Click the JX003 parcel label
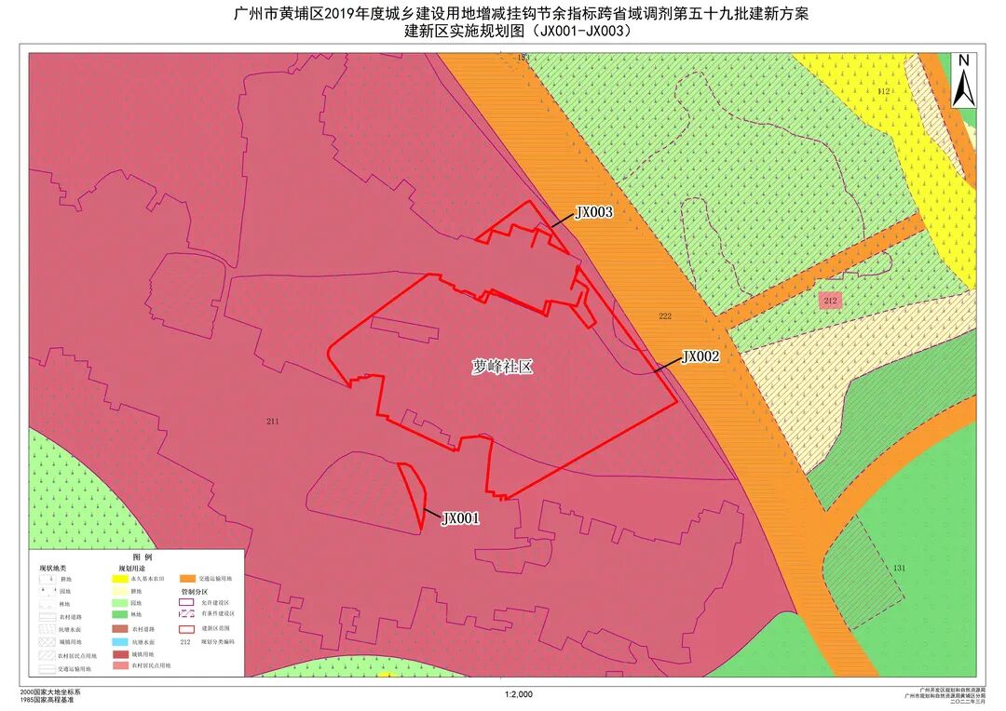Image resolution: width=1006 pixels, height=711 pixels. (593, 212)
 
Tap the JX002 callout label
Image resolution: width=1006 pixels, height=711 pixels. (700, 355)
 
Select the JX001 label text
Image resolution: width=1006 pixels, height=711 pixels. (460, 518)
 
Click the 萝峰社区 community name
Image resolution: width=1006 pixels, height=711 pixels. (502, 367)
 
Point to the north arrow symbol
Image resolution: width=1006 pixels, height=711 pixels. (964, 80)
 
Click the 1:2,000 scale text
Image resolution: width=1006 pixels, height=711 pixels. (518, 694)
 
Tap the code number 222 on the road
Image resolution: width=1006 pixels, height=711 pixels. (664, 316)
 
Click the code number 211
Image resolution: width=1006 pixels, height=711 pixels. (272, 422)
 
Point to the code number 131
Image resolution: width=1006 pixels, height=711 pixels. (899, 568)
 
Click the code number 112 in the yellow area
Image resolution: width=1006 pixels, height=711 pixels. (884, 91)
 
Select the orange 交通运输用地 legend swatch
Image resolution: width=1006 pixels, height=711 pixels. (187, 578)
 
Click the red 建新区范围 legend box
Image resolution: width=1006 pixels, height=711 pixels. (187, 629)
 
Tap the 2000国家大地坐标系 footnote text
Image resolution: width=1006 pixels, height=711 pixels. (50, 693)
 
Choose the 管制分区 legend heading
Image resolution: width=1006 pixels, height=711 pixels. (195, 591)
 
